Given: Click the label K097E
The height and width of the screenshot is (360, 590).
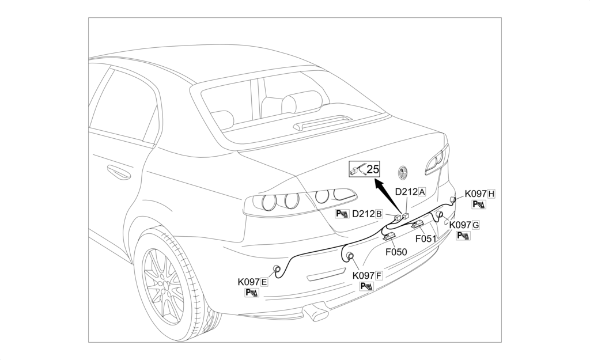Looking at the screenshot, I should tap(252, 282).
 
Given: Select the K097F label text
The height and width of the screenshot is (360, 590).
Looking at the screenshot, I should tap(368, 275).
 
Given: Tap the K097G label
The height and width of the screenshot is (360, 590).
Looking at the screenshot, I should tap(464, 225).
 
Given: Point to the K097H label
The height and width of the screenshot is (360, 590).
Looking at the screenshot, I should tap(480, 194).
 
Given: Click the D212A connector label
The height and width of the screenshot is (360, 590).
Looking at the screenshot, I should tap(410, 191).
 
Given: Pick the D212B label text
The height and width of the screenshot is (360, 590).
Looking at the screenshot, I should tap(368, 214).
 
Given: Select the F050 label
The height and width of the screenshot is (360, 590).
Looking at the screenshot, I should tap(396, 252).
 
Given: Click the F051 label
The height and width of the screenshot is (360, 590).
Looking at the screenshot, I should tap(426, 237).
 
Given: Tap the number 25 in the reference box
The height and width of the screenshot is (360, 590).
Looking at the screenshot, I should tap(373, 169).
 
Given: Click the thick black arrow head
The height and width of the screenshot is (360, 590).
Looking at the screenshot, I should tap(377, 184).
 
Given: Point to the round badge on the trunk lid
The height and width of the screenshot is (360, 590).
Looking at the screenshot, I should tap(404, 172).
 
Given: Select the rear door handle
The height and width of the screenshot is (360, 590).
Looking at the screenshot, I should tap(118, 172).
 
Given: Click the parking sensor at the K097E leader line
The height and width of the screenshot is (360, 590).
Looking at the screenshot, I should tap(277, 269).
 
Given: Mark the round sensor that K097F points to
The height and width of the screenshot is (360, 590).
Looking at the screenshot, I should tap(350, 256).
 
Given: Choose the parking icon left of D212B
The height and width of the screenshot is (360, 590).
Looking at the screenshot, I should tap(342, 214).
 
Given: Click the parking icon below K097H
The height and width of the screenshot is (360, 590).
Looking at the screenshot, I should tap(478, 204).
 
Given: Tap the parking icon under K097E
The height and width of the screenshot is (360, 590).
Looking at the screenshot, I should tap(251, 293).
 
